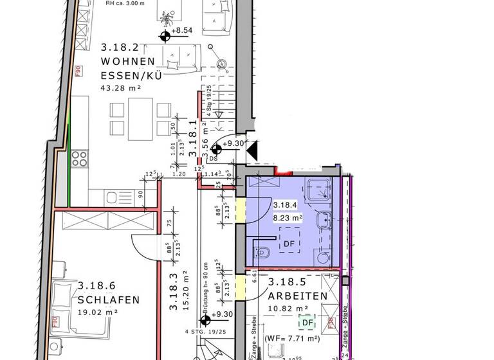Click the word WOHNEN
click(127, 62)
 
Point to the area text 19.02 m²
click(98, 312)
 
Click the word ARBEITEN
click(298, 296)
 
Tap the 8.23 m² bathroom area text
click(288, 218)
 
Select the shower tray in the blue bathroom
click(319, 190)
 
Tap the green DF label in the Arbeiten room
click(308, 323)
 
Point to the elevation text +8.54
click(183, 30)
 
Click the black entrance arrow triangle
click(253, 150)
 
